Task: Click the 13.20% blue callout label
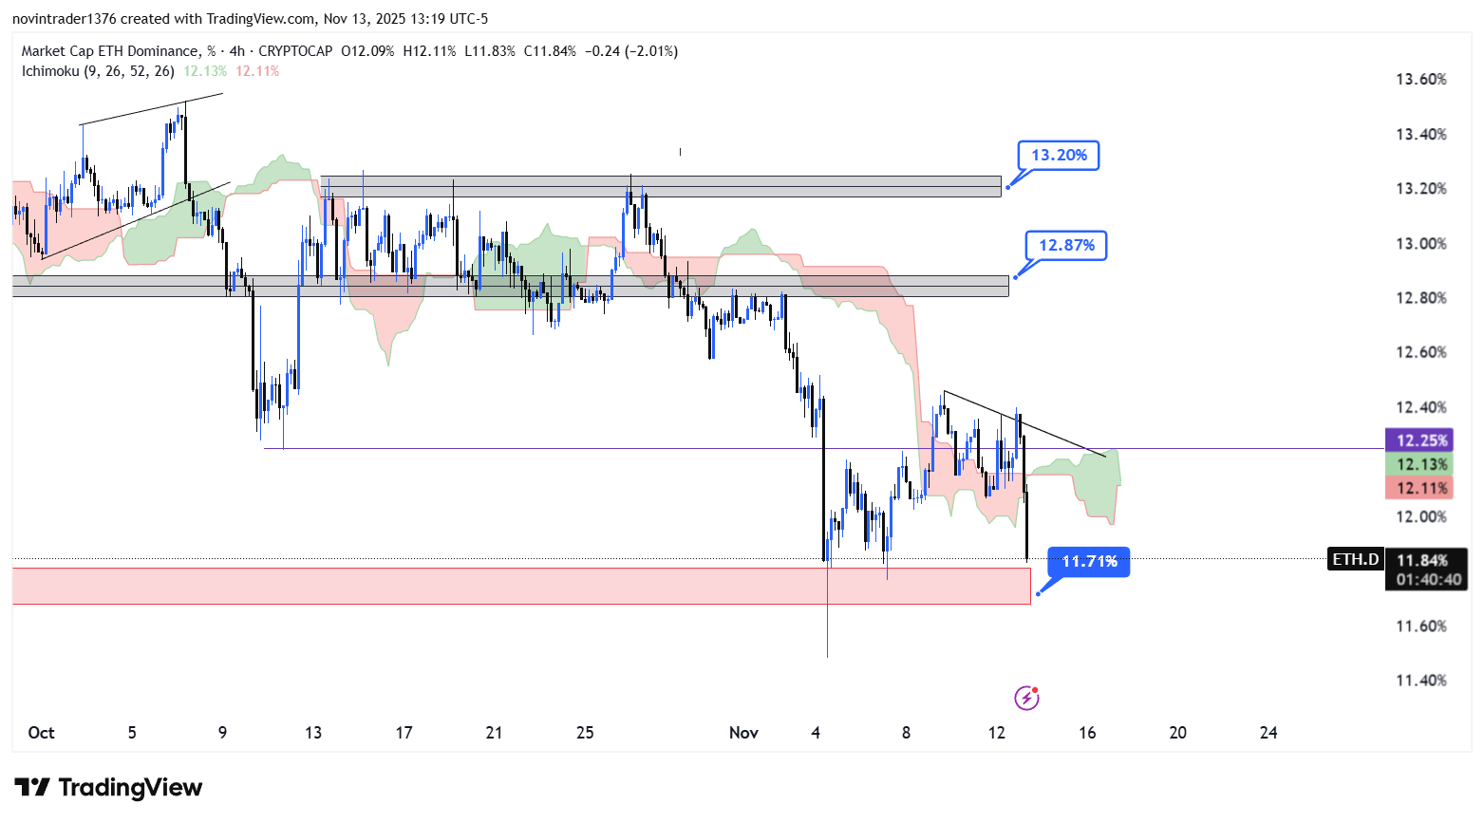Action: click(x=1059, y=155)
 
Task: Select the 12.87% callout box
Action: click(x=1066, y=245)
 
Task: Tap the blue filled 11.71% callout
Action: click(x=1089, y=561)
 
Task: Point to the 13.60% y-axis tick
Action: click(x=1420, y=79)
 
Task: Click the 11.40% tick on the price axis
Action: click(x=1420, y=680)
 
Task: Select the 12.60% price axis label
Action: click(x=1420, y=352)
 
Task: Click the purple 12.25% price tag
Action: click(x=1421, y=440)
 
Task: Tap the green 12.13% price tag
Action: click(x=1421, y=464)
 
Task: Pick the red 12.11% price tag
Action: click(x=1421, y=488)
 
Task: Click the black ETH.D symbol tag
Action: click(x=1355, y=559)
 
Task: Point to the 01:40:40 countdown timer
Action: click(x=1427, y=579)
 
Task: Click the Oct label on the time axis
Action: click(x=41, y=732)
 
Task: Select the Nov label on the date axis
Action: click(x=743, y=732)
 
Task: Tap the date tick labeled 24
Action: click(x=1268, y=732)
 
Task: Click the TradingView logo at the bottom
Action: click(x=109, y=788)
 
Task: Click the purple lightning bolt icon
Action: click(x=1026, y=699)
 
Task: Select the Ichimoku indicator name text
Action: click(x=50, y=70)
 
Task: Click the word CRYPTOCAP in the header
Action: click(x=295, y=51)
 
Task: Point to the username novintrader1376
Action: click(x=64, y=19)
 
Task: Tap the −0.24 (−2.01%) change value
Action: click(x=630, y=51)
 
